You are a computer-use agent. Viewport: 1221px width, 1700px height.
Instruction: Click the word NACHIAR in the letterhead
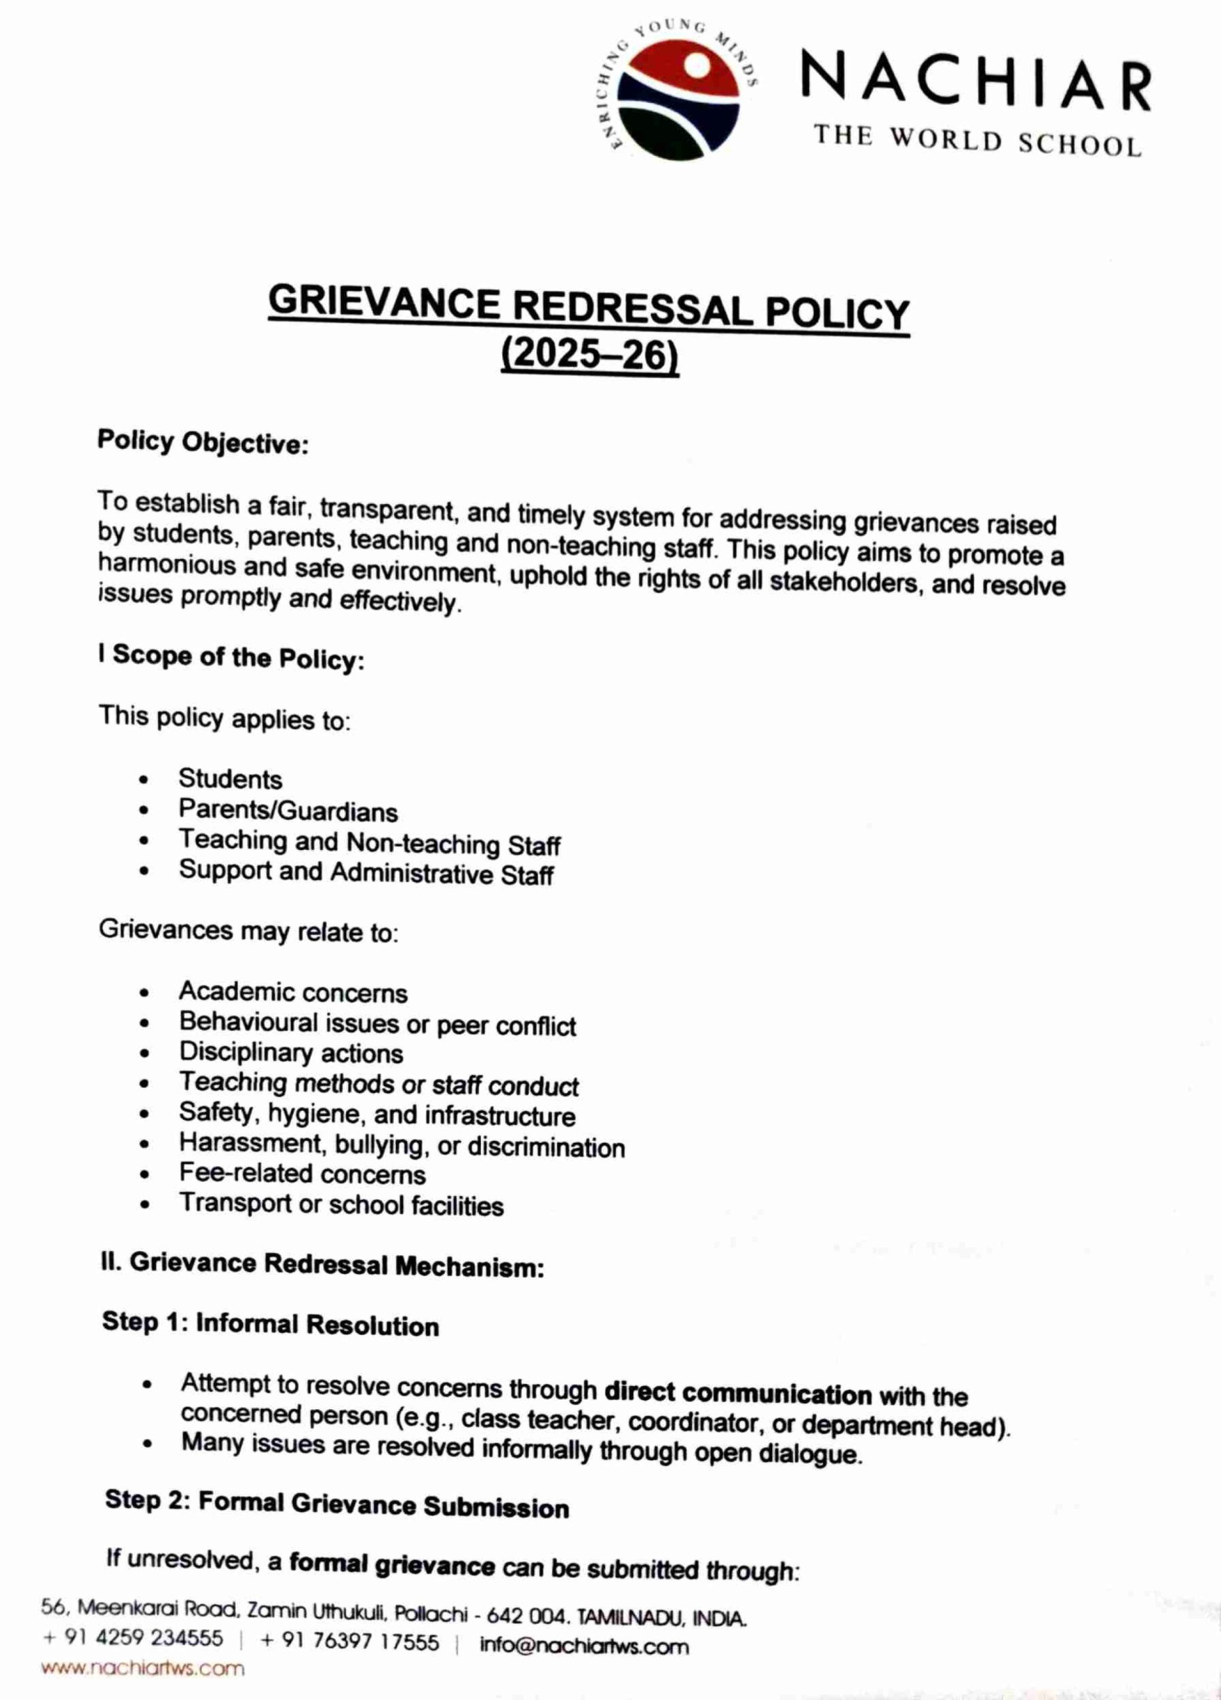976,82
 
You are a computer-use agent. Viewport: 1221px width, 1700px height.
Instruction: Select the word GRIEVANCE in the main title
384,303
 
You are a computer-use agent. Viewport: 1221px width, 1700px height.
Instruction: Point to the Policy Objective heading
203,442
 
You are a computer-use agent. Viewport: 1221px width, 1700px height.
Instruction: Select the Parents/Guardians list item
288,811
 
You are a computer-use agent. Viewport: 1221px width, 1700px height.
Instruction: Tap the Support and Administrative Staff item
366,873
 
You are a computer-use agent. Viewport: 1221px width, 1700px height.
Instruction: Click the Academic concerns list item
292,992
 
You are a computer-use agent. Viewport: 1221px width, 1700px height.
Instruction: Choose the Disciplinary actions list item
291,1053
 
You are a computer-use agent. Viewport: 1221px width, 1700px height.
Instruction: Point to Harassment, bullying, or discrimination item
401,1146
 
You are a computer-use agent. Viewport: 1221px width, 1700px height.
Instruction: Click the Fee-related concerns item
302,1174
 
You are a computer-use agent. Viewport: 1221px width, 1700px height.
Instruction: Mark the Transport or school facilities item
341,1205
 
